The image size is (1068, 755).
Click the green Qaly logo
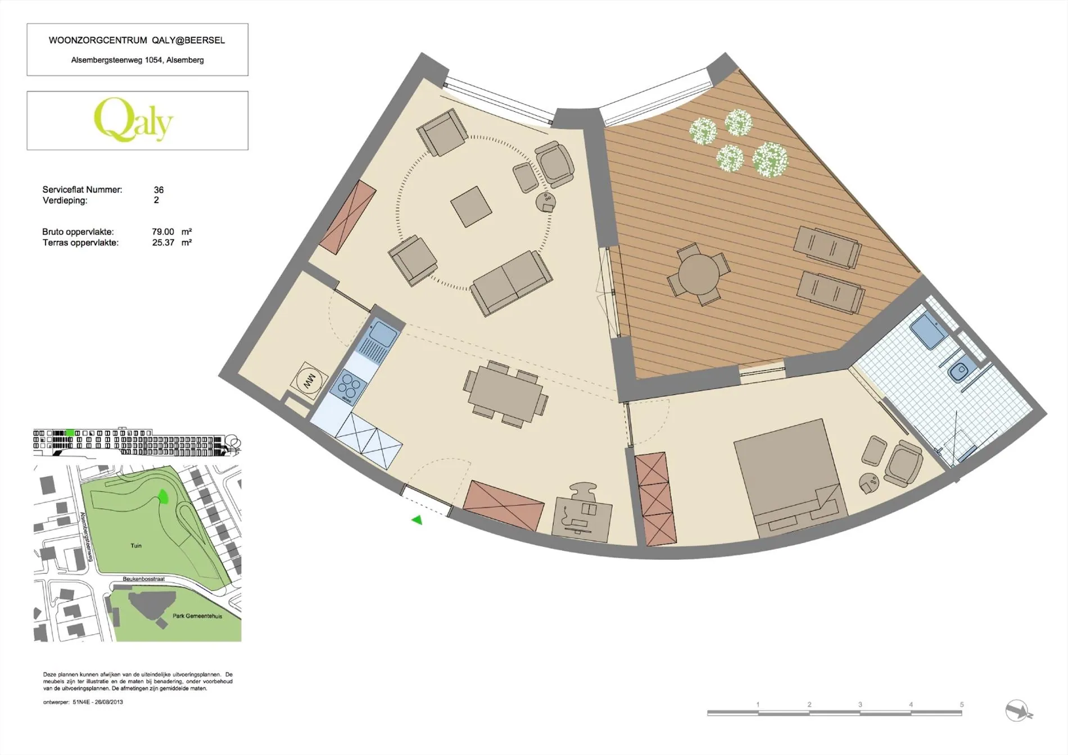click(x=134, y=120)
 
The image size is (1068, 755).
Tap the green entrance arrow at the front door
click(x=417, y=520)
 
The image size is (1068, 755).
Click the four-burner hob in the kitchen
click(x=349, y=386)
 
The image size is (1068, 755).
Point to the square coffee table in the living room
click(x=471, y=206)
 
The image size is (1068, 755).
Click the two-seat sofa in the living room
click(x=511, y=283)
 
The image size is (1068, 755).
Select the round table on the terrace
click(x=699, y=274)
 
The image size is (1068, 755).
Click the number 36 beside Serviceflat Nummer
click(x=159, y=190)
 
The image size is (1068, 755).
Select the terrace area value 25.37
click(x=163, y=243)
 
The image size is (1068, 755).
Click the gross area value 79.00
click(x=163, y=232)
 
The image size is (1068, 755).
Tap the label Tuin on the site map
click(x=136, y=545)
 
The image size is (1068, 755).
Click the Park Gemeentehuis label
click(x=197, y=616)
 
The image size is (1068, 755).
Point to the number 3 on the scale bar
click(x=860, y=704)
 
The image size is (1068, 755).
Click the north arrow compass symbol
click(x=1018, y=711)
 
